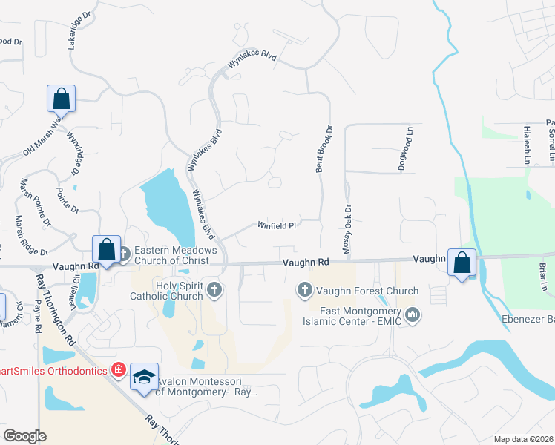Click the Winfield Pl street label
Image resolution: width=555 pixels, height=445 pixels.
(x=277, y=225)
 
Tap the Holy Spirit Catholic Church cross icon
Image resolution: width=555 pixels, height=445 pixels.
(x=214, y=289)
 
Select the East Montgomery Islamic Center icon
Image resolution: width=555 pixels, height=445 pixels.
(x=413, y=316)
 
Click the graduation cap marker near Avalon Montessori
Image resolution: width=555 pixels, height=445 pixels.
(x=145, y=376)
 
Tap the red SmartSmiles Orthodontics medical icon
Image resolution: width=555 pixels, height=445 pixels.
(x=117, y=369)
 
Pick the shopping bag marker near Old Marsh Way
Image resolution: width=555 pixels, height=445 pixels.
(x=61, y=99)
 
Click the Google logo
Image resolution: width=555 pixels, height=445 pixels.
(x=24, y=435)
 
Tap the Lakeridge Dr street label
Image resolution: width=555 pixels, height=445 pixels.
(x=78, y=30)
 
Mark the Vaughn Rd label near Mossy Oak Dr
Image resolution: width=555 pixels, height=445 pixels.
(x=305, y=263)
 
